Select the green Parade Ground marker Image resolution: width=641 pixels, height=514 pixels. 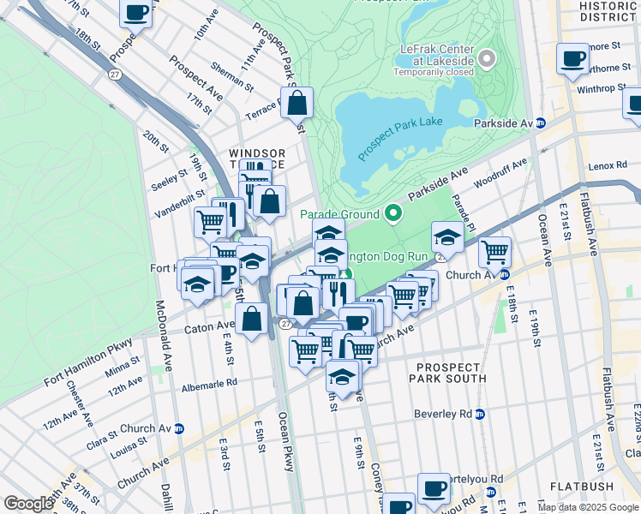pyautogui.click(x=393, y=212)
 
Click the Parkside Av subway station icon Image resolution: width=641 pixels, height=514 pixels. pyautogui.click(x=541, y=123)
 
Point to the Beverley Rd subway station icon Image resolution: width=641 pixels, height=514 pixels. pyautogui.click(x=480, y=414)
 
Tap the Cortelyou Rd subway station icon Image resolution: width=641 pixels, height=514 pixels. pyautogui.click(x=490, y=492)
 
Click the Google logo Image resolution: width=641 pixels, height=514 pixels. pyautogui.click(x=28, y=504)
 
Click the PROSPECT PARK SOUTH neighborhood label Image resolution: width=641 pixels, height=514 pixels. pyautogui.click(x=451, y=372)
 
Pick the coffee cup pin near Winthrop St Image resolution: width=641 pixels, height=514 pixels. pyautogui.click(x=572, y=59)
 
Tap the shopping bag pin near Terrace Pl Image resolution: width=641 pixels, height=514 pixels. pyautogui.click(x=297, y=103)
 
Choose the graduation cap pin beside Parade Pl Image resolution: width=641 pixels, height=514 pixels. pyautogui.click(x=447, y=236)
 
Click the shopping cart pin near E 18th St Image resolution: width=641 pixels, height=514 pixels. pyautogui.click(x=495, y=252)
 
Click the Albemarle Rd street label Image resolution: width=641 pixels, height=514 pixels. pyautogui.click(x=208, y=385)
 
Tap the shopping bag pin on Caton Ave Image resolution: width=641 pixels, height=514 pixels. pyautogui.click(x=252, y=320)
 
